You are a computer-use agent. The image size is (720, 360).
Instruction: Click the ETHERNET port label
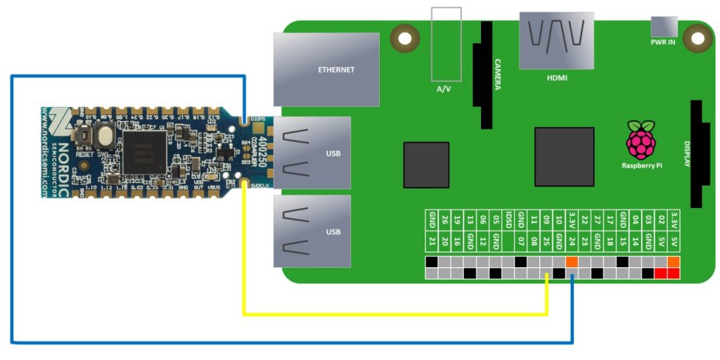click(336, 70)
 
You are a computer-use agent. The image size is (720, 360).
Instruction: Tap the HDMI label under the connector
click(556, 78)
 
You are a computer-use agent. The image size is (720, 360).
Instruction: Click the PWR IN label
click(663, 42)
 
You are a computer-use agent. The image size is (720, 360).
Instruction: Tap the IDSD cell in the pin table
click(508, 220)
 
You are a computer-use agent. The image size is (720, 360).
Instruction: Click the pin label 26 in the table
click(444, 220)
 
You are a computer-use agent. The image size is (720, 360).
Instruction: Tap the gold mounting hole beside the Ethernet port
click(404, 36)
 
